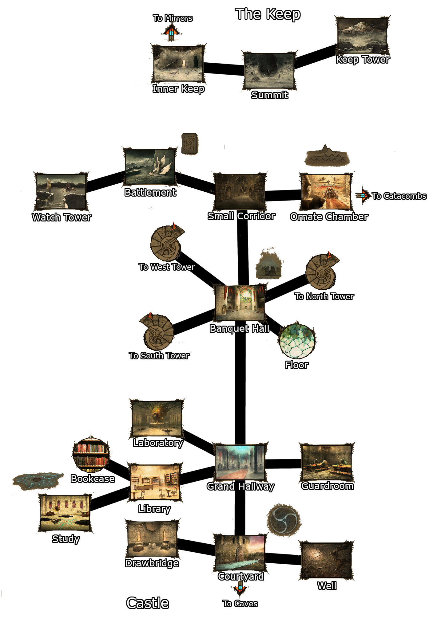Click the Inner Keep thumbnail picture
pos(178,64)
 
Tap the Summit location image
pos(269,71)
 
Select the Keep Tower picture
pos(362,36)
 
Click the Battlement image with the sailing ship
pos(150,167)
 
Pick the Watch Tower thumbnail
pos(61,192)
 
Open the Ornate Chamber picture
pos(326,192)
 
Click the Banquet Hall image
pos(240,303)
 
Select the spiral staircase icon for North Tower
pos(322,272)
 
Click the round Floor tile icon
pos(297,341)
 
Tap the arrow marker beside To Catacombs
pos(363,195)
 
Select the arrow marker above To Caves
pos(240,588)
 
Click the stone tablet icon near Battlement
pos(189,143)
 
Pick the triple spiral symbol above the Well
pos(283,520)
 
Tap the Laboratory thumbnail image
pos(157,418)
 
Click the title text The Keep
pos(268,14)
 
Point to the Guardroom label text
pos(327,486)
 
